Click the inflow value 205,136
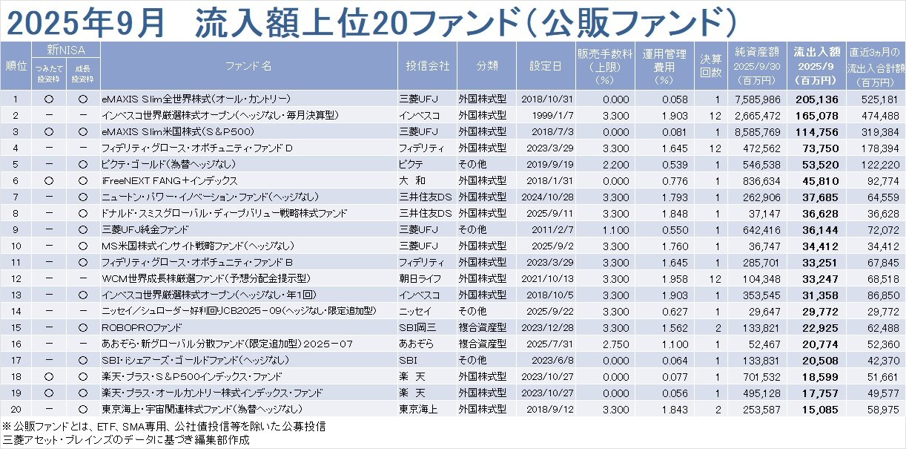(x=818, y=99)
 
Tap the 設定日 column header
(x=545, y=65)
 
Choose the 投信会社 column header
(x=427, y=65)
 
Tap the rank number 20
(x=14, y=408)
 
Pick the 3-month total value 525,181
(x=879, y=99)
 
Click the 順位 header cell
(x=14, y=65)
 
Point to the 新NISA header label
(x=64, y=50)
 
